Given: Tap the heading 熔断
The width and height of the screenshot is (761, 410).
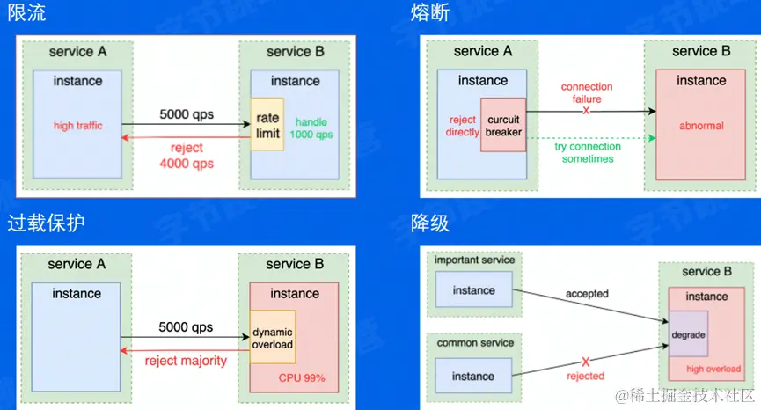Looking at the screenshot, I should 429,13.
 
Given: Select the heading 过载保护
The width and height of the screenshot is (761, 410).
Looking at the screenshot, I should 46,223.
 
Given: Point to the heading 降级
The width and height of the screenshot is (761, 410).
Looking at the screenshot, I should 429,223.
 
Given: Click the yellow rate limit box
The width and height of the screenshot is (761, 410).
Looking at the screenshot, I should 267,125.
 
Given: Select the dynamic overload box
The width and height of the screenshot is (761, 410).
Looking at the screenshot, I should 272,338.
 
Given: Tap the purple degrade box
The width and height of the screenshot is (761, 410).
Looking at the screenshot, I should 688,336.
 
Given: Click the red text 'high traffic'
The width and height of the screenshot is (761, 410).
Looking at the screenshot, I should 77,126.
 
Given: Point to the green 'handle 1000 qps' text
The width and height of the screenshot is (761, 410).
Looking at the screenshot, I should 313,128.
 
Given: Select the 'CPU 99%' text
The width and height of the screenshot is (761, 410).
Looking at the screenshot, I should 302,378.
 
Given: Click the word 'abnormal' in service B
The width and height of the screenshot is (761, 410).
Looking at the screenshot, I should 701,126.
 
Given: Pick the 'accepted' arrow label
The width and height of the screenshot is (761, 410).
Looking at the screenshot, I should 587,293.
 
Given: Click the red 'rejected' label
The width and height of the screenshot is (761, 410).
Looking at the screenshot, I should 585,376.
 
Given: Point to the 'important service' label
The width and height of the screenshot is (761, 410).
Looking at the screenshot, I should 475,260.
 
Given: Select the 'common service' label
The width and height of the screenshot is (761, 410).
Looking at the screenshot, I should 475,342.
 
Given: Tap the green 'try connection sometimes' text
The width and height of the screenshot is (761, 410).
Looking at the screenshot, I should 589,152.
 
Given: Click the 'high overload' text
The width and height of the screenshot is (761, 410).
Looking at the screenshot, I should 713,369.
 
